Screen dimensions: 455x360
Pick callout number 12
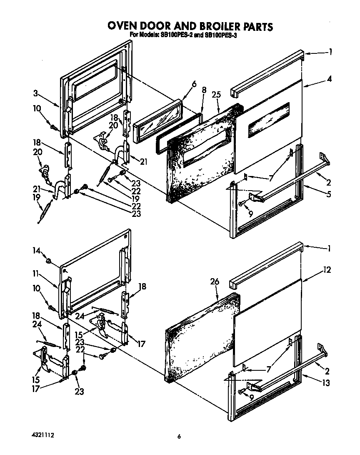point(327,270)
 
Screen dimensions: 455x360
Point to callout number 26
point(215,282)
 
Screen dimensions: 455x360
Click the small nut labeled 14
point(49,261)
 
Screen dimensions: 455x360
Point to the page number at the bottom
point(179,437)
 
